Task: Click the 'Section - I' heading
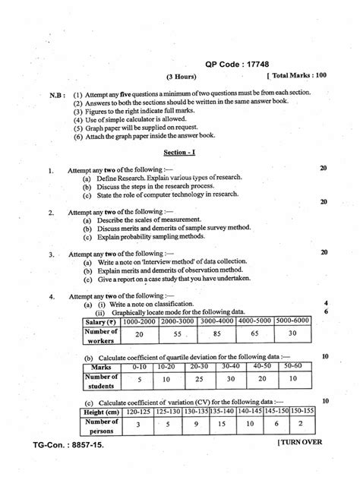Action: pos(180,153)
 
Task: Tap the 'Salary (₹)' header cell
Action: pos(101,321)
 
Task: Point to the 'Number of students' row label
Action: pos(101,380)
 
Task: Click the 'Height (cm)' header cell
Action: pos(100,412)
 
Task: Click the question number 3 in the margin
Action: pos(50,254)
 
